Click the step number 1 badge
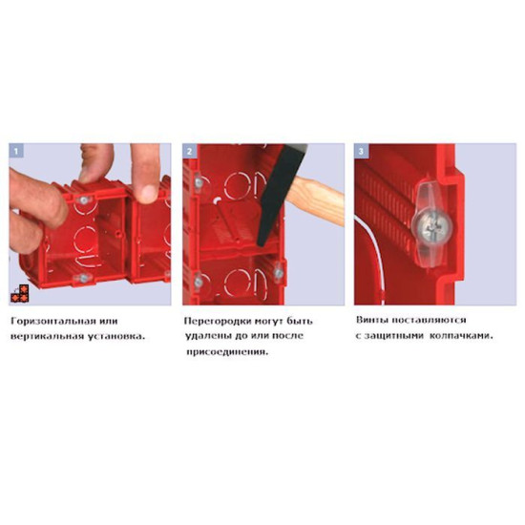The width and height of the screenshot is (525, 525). pos(16,151)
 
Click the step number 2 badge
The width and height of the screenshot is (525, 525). pos(190,151)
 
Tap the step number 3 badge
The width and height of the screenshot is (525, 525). pos(361,151)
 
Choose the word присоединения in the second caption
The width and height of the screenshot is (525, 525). pos(227,352)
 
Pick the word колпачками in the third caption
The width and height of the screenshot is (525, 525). pos(461,335)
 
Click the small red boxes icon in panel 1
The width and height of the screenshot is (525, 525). pos(20,293)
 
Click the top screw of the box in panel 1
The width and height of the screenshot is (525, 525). pos(83,200)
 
